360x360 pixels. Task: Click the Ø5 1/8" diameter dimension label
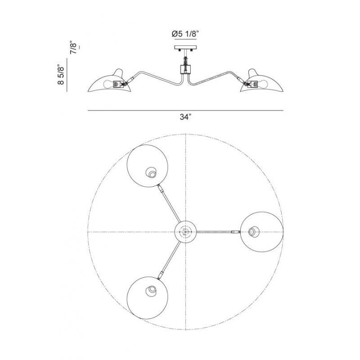185,34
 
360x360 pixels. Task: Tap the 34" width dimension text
185,117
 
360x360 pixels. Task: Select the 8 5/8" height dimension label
61,75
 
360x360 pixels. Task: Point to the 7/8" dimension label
73,48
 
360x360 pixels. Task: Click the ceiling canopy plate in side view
185,48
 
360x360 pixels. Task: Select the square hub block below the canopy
185,69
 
